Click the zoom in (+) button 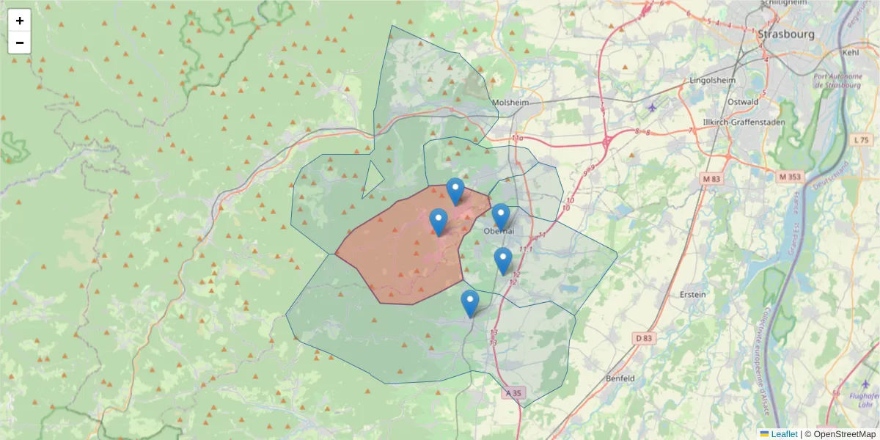coord(20,21)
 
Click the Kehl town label coord(851,53)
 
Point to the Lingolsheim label coord(713,80)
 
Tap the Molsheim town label coord(510,103)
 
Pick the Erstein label coord(693,295)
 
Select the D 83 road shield coord(643,338)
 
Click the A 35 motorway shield coord(515,393)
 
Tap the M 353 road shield coord(791,177)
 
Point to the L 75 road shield coord(861,140)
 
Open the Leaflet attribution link coord(782,434)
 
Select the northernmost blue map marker coord(455,191)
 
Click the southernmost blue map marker coord(470,303)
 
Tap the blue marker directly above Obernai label coord(501,216)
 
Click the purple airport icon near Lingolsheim coord(653,108)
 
